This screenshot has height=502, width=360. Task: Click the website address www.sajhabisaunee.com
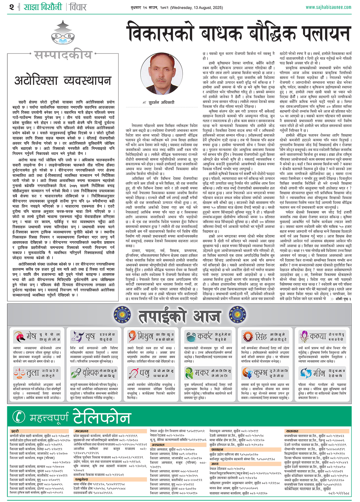[328, 7]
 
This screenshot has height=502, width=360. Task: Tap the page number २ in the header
[11, 7]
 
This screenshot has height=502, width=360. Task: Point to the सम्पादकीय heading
[63, 55]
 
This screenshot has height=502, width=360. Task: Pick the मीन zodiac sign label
[319, 373]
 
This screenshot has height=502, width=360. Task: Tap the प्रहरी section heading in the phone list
[15, 431]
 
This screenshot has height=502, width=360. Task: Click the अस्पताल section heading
[158, 445]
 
